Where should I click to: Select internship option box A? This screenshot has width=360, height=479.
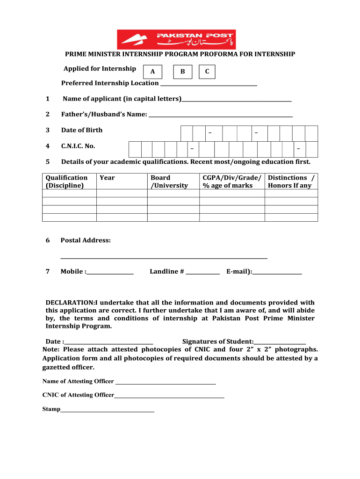152,72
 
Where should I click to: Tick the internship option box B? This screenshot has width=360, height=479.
182,72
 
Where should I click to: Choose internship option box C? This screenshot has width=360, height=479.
207,72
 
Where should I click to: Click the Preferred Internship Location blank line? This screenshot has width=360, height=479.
209,84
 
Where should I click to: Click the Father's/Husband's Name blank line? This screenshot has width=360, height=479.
221,115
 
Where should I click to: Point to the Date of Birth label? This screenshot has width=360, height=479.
82,130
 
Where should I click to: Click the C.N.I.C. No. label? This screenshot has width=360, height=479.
78,146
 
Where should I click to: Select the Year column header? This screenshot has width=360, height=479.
107,178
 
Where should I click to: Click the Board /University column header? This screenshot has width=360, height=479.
169,181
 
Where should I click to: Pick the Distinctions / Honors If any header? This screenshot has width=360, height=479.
291,181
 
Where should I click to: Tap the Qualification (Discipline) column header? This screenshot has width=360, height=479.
66,181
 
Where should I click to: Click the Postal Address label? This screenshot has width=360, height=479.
86,240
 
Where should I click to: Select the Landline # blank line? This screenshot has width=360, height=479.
202,273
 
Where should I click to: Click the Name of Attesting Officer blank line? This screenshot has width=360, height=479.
166,383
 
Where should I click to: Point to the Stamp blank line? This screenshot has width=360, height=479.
108,411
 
